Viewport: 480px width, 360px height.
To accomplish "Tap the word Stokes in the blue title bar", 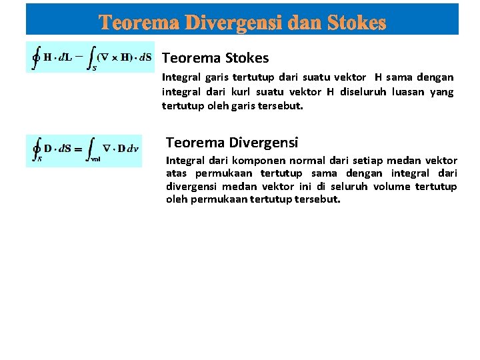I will pos(357,23).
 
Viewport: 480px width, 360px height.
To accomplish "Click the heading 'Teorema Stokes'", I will pos(215,58).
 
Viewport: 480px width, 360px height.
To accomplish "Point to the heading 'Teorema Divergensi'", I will pos(232,142).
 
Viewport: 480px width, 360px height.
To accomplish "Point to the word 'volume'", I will pos(394,186).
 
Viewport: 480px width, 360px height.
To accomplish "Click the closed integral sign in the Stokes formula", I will pos(36,58).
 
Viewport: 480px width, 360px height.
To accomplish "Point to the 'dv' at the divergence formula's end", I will pos(133,149).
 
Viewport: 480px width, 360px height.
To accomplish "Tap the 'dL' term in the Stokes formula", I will pos(66,57).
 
